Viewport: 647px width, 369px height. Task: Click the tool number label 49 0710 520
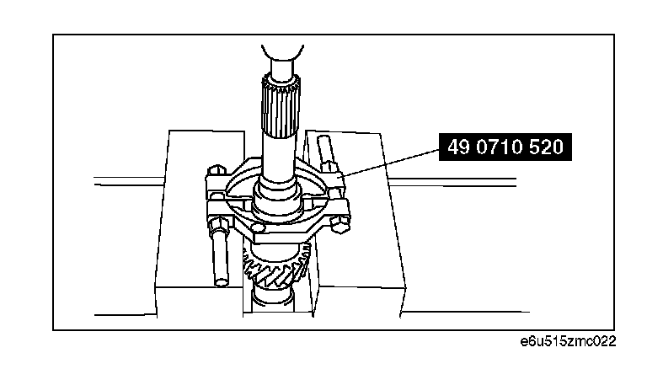(505, 147)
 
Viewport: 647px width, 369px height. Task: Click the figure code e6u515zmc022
(568, 342)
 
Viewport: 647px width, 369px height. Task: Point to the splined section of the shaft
(281, 109)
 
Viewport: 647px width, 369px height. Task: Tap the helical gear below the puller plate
(276, 266)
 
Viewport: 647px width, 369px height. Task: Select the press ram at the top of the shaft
(283, 61)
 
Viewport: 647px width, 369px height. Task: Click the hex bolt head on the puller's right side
(340, 225)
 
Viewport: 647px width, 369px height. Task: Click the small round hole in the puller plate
(257, 227)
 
